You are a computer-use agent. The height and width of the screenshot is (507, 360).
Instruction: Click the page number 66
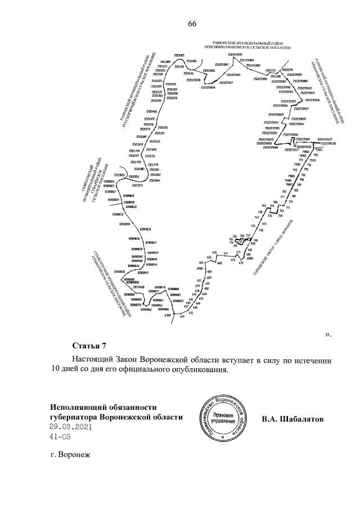(191, 24)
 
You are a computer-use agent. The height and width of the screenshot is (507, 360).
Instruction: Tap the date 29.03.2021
(70, 427)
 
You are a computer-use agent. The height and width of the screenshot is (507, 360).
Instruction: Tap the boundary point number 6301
(168, 315)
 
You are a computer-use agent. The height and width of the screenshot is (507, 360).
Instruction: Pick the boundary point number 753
(263, 206)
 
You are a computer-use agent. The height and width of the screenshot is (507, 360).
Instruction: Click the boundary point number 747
(257, 217)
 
